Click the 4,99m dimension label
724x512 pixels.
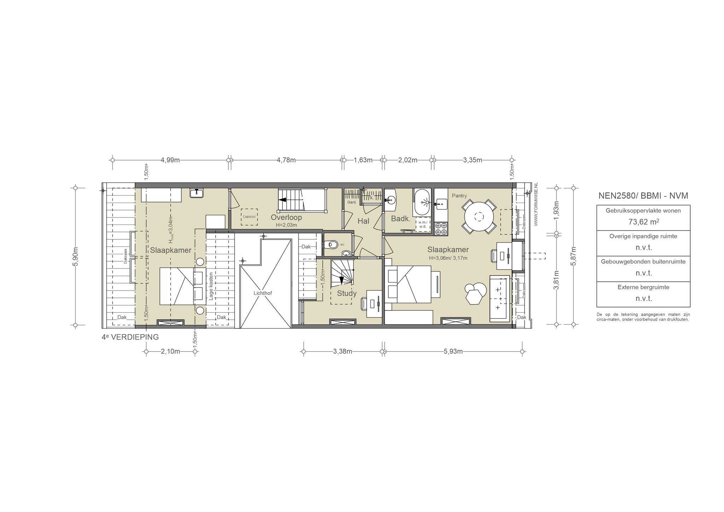[170, 160]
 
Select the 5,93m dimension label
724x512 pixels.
[453, 351]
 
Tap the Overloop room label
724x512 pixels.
[286, 217]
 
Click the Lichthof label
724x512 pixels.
[263, 293]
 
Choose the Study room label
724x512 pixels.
[346, 293]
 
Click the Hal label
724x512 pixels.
[363, 221]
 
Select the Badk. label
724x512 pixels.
[401, 219]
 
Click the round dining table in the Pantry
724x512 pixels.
[479, 216]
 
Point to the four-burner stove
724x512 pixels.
[441, 229]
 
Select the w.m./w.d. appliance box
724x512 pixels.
[423, 224]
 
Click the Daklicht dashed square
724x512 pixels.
[249, 217]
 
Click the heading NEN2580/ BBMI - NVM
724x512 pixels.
[643, 196]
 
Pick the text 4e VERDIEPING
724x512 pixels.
[130, 337]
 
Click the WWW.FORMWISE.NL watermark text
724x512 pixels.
[536, 204]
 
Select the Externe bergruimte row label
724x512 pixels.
[643, 287]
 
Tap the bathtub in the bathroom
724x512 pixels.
[422, 202]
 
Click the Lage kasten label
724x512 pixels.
[211, 286]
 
